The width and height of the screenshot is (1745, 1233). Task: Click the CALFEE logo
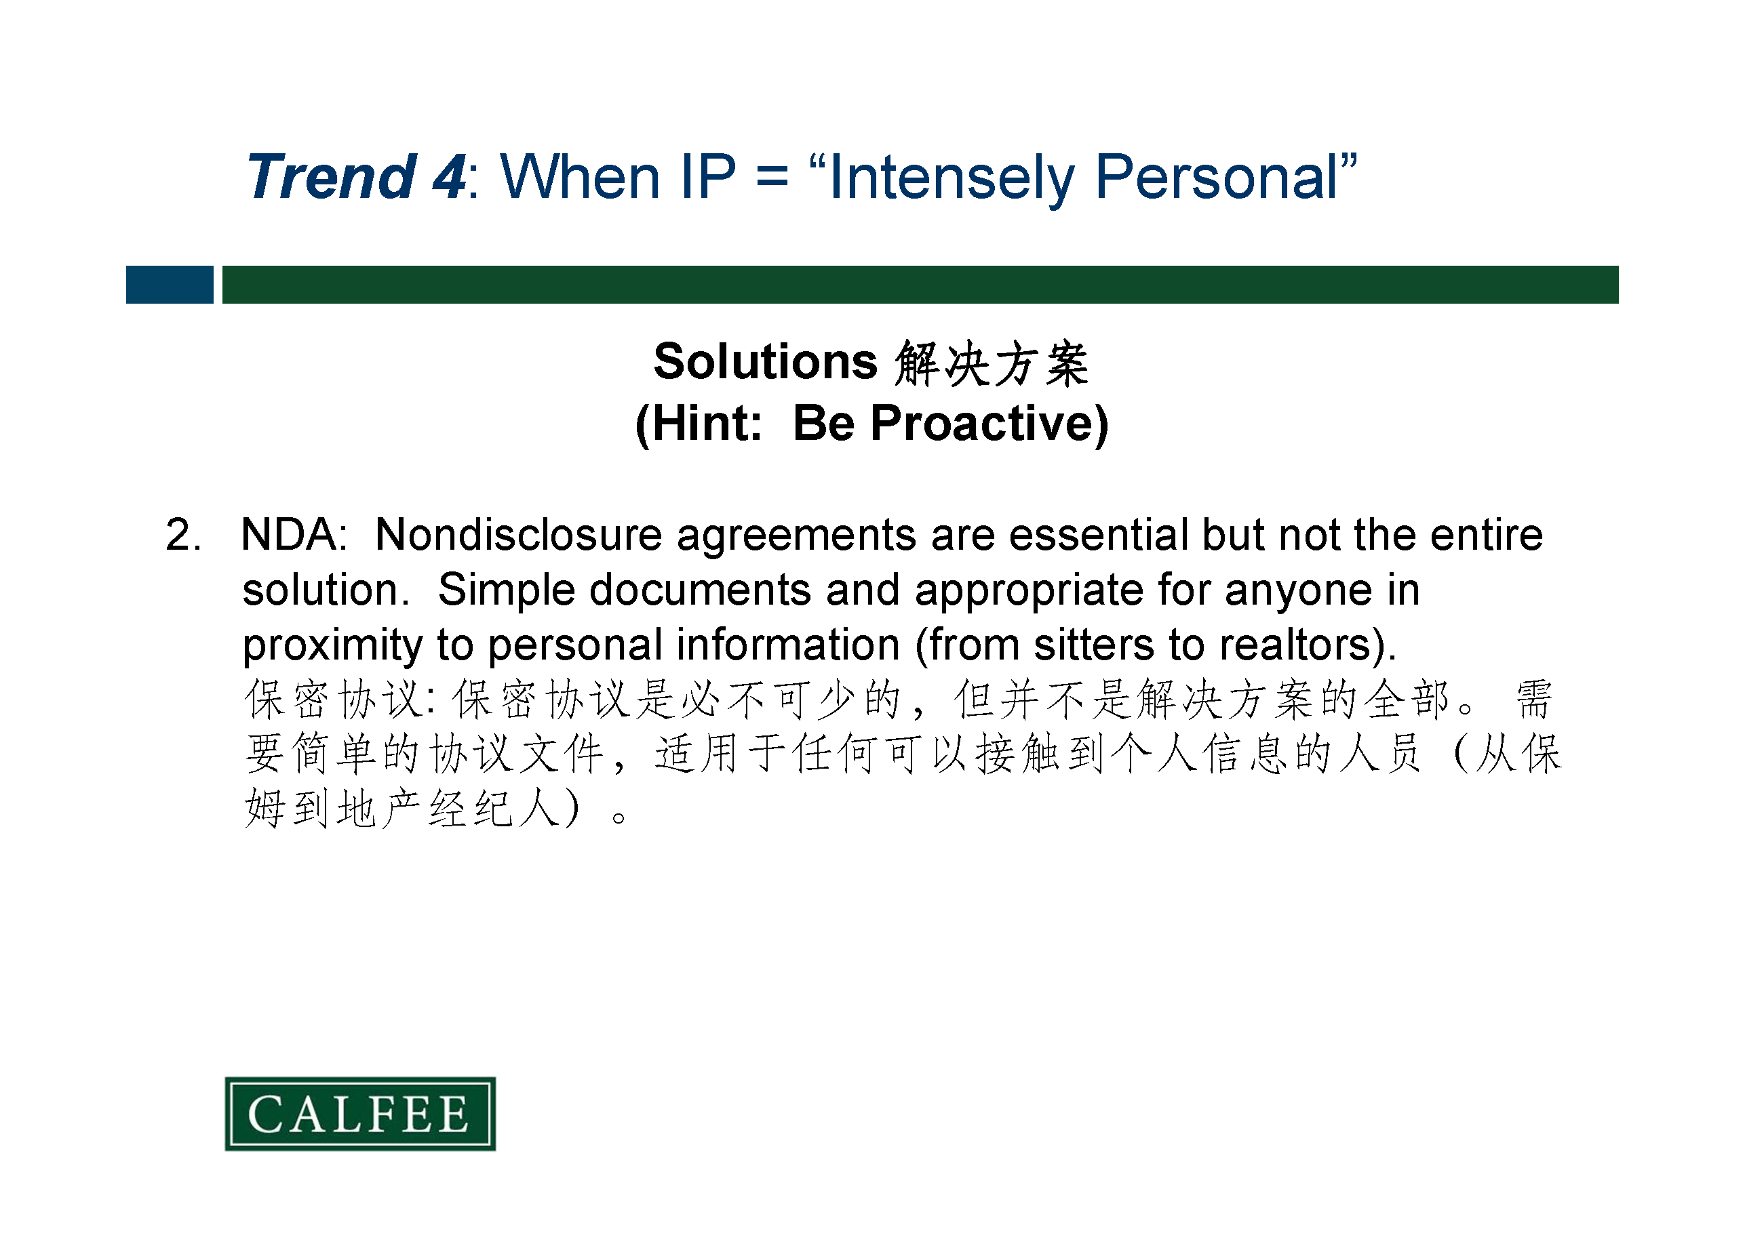[360, 1113]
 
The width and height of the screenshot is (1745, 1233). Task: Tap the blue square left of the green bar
[170, 285]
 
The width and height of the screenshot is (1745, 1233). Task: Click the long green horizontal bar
[920, 285]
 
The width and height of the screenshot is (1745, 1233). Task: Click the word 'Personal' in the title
[1216, 177]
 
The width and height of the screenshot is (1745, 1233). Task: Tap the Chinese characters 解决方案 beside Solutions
[992, 363]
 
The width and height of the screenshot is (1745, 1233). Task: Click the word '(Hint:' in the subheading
[699, 424]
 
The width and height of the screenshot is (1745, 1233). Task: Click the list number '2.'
[184, 535]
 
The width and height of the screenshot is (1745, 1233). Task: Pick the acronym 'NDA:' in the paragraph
[294, 535]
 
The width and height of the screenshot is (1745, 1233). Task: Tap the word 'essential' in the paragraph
[1099, 535]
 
